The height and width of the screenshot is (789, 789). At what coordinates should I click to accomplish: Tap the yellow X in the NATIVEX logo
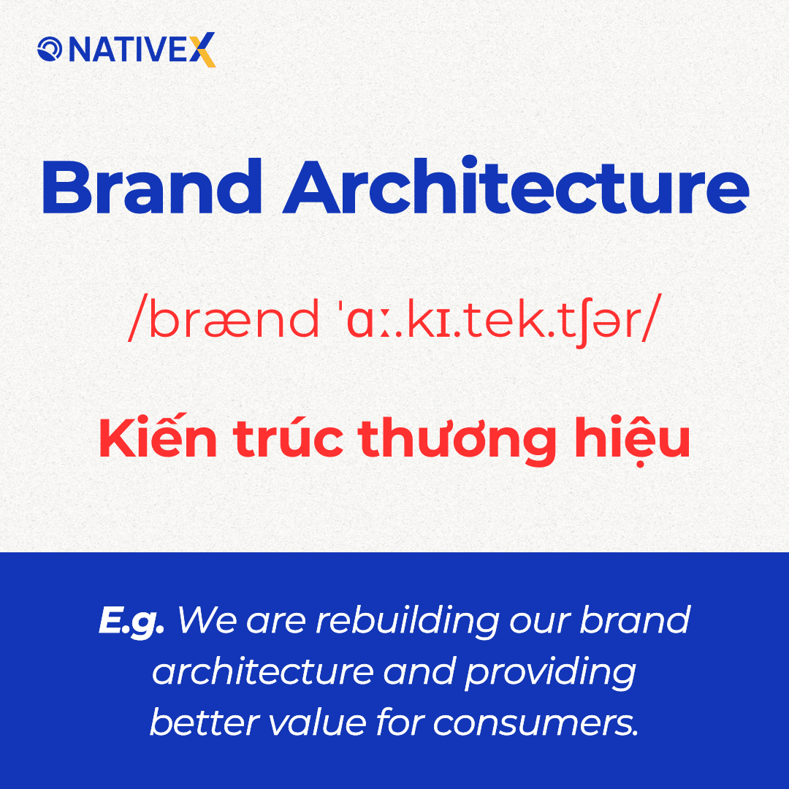click(x=205, y=50)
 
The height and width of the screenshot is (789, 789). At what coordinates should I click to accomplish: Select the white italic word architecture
click(x=262, y=671)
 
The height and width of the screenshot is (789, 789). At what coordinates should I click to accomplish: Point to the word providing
click(x=549, y=673)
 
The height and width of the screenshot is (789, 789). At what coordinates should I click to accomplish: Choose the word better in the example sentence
click(x=196, y=723)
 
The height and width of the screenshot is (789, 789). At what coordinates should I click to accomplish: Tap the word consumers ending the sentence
click(x=535, y=723)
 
